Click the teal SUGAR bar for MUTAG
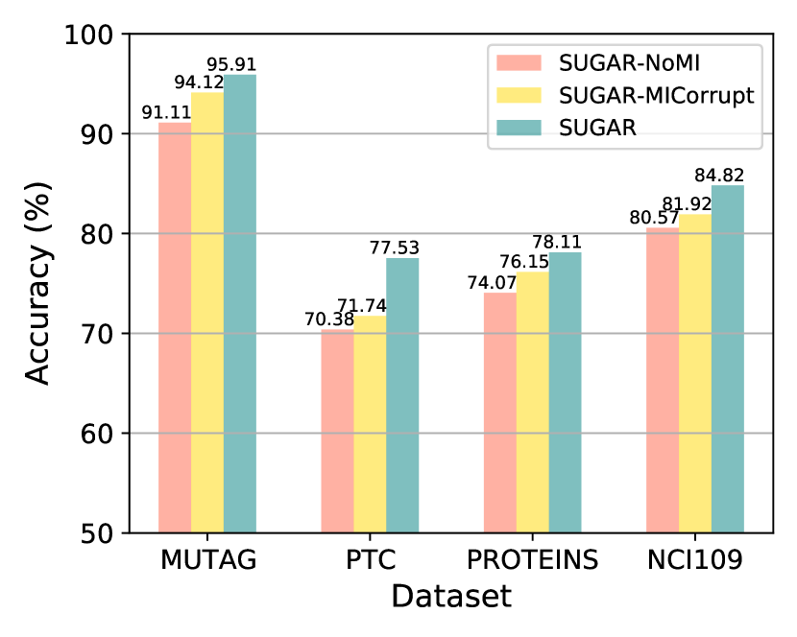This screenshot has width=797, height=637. (x=240, y=303)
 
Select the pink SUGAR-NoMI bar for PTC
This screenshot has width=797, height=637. (x=337, y=432)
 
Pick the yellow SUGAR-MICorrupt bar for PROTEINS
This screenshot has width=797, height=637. (x=533, y=403)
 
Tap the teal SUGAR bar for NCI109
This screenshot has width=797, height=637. (x=728, y=359)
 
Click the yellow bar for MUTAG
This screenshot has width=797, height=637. (x=207, y=312)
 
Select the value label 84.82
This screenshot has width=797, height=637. (x=719, y=175)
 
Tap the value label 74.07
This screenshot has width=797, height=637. (x=486, y=283)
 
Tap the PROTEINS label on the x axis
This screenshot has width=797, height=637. (x=532, y=560)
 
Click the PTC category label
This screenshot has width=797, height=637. (x=370, y=560)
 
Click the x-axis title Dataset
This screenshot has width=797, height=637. (x=450, y=597)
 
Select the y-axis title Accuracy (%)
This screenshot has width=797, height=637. (x=36, y=283)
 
